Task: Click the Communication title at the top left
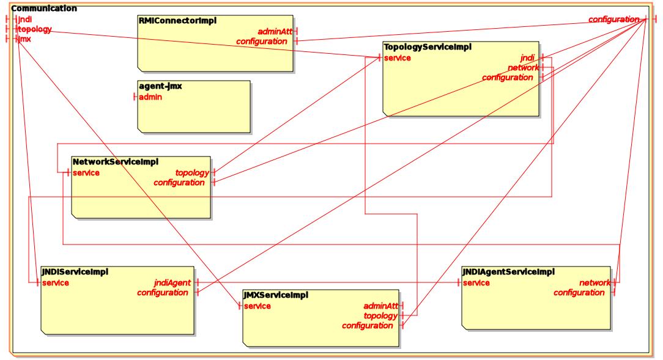44,9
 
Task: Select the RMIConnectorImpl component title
177,21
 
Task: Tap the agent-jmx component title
160,86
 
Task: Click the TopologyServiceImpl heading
427,47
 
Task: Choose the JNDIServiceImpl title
75,271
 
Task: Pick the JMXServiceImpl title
275,295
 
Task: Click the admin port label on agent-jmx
150,97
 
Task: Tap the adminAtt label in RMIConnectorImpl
275,31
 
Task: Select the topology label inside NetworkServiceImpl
191,172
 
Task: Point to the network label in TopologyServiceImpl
523,68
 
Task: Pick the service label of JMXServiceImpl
257,306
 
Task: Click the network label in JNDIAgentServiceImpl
594,282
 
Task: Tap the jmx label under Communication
24,39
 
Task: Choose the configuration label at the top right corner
613,20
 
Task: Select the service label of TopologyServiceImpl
397,58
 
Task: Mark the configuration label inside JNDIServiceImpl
162,292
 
